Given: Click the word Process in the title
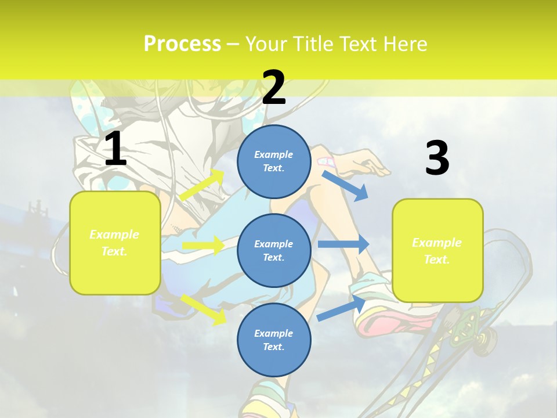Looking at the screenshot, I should [x=182, y=44].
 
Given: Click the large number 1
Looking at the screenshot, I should [x=115, y=149].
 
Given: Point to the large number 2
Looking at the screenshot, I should [x=274, y=88].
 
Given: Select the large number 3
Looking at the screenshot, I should [x=437, y=158].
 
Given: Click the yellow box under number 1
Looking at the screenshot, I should [x=115, y=243].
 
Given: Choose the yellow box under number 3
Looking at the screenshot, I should [x=437, y=250].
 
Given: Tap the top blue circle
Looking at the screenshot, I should [x=274, y=161].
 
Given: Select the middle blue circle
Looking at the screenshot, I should [x=274, y=250].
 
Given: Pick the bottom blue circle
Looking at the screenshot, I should [x=274, y=340].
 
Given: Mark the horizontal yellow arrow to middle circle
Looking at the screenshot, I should [x=203, y=246].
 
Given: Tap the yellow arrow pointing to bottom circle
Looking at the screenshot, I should [x=204, y=309].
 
